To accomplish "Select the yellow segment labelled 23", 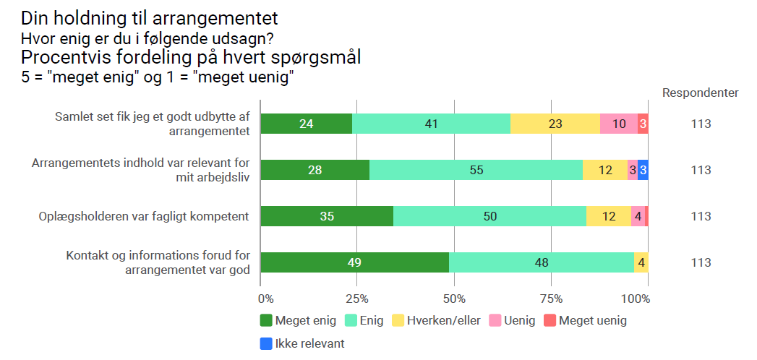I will [555, 124].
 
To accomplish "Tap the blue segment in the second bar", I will [643, 170].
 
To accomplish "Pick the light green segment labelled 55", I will [476, 170].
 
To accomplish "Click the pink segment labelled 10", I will [619, 124].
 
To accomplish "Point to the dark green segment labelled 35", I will [327, 216].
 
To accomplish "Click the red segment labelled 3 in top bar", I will [643, 124].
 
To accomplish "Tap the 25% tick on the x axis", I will [357, 299].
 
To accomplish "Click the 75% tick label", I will [551, 299].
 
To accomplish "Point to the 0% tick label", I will [265, 299].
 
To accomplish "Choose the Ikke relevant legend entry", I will [302, 343].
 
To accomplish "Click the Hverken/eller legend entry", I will [436, 320].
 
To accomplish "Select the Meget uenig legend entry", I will [586, 320].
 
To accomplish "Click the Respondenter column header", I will [700, 93].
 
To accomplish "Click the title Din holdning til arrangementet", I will [150, 17].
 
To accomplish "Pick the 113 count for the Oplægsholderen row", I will [701, 216].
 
